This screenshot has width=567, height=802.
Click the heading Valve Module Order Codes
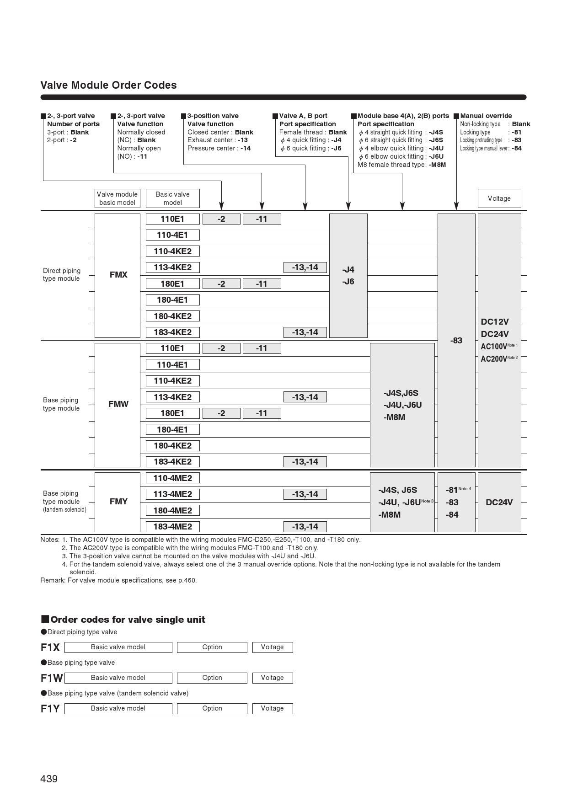(108, 85)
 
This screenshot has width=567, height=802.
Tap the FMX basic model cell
(118, 275)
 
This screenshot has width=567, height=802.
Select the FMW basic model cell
(118, 404)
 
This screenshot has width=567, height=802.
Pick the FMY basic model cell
(118, 502)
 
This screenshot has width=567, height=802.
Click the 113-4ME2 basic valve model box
(172, 494)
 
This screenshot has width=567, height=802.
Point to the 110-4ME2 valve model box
(172, 478)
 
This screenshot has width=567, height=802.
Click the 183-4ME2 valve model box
(172, 527)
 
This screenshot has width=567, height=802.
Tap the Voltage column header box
(499, 198)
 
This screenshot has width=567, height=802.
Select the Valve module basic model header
(117, 198)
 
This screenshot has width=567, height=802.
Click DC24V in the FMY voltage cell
(499, 503)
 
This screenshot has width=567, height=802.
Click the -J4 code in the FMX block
(348, 270)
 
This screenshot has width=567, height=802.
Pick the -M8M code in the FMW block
(394, 417)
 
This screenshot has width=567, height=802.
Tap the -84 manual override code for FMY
(452, 515)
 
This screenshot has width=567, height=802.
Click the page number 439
(49, 779)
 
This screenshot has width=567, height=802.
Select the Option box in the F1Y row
(212, 708)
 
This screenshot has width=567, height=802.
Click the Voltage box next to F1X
(272, 647)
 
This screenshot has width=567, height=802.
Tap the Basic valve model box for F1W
(118, 678)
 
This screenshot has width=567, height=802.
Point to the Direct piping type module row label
(62, 275)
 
